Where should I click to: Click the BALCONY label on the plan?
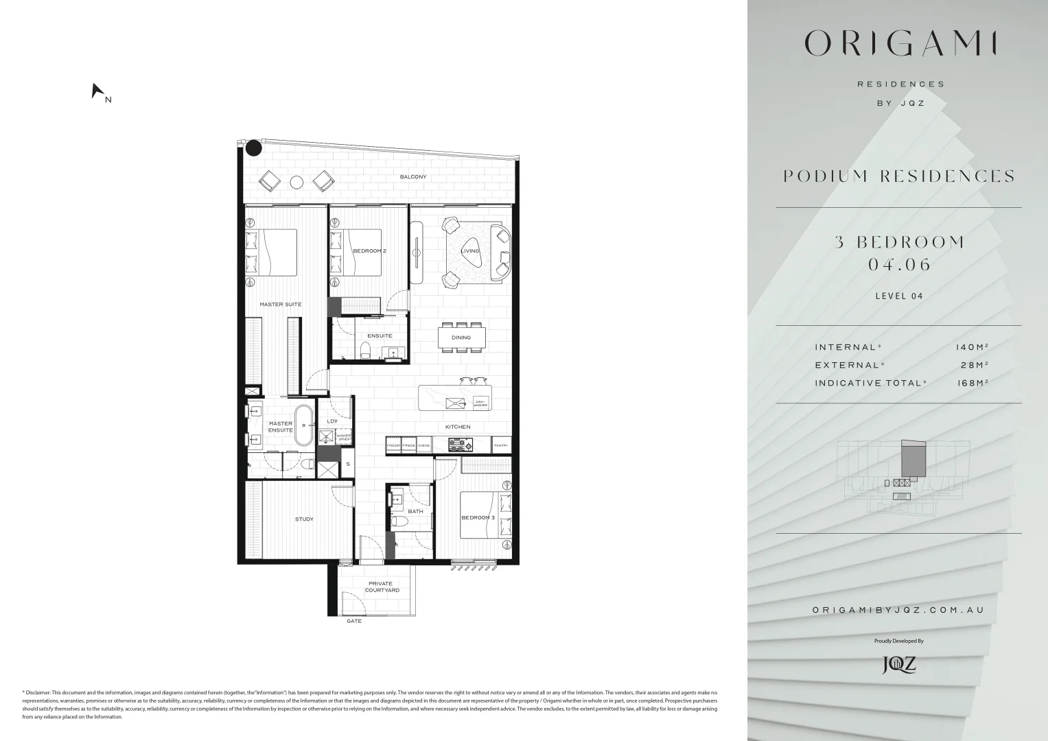413,177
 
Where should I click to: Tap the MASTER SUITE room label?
280,304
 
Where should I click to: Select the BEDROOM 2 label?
369,251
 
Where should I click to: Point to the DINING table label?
461,338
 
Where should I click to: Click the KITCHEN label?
458,427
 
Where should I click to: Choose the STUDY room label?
304,519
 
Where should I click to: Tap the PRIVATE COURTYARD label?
382,587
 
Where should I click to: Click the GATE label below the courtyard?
354,622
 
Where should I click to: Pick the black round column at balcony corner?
254,147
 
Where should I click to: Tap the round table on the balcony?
296,182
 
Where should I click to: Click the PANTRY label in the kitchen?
501,446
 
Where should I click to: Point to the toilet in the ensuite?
365,352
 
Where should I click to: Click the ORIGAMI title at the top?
899,44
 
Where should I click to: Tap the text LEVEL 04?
899,296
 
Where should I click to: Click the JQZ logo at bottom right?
899,664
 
